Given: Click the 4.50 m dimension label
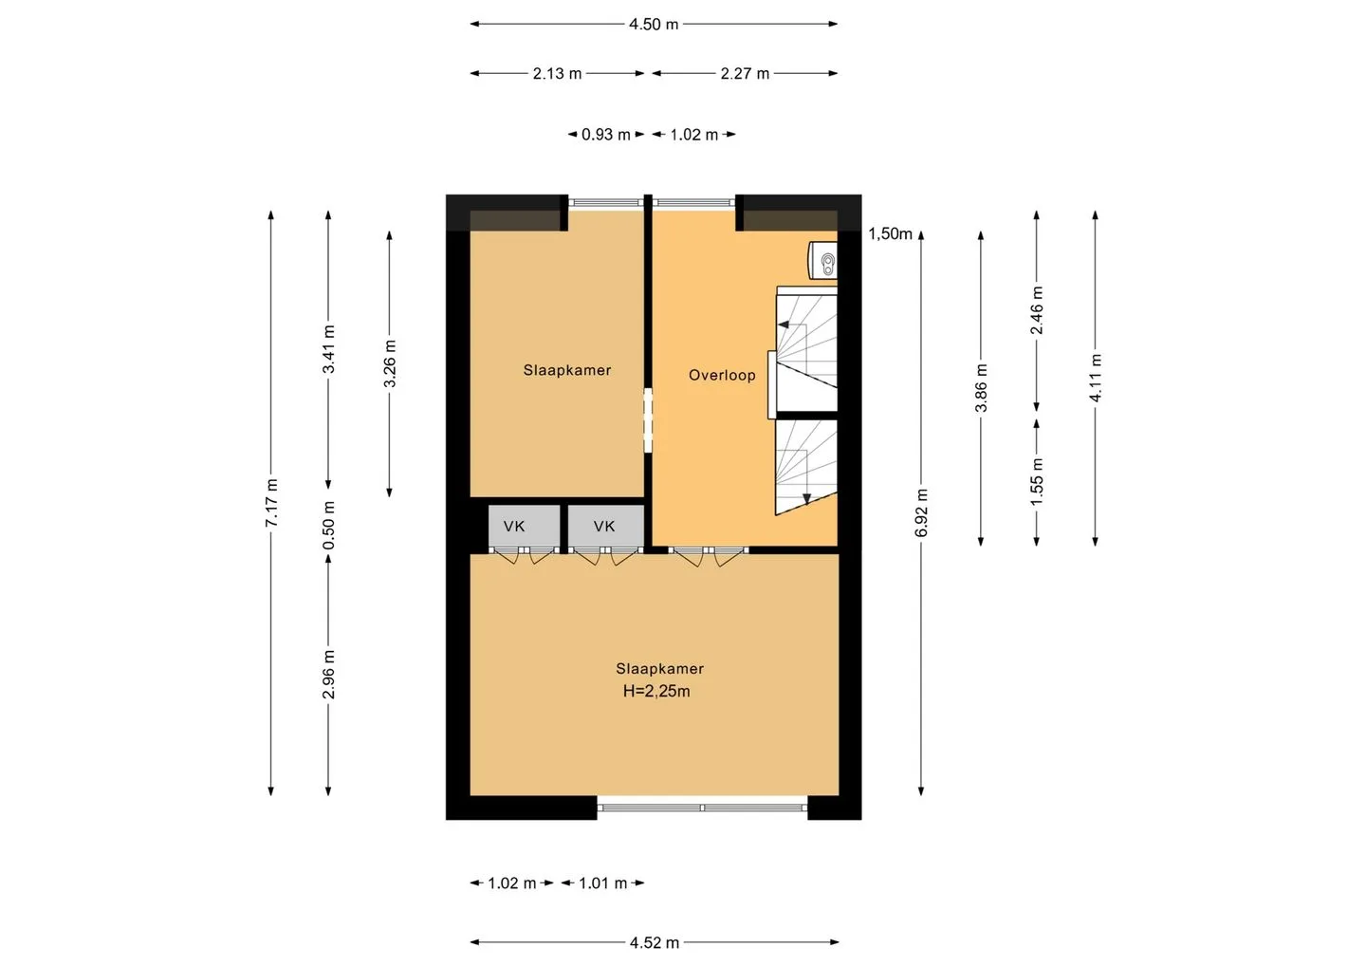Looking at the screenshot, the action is (653, 25).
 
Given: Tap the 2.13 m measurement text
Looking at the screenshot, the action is (557, 74).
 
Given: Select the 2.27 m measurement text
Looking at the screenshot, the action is (745, 74).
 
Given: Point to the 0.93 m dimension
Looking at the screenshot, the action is (605, 134).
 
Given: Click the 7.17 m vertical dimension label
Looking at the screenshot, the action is (272, 503).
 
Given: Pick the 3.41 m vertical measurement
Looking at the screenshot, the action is (328, 349).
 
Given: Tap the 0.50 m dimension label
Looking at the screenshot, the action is (328, 526).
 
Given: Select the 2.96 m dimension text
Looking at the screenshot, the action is (328, 675).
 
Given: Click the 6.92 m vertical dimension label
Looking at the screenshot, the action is (921, 512).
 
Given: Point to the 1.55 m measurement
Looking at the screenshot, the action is (1037, 482).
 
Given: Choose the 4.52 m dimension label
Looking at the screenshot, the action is (655, 943).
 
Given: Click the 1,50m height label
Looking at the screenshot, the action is (890, 233).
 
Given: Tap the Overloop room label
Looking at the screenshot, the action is (722, 375).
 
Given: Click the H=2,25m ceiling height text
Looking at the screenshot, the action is (656, 691).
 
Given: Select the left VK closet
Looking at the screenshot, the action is (525, 527).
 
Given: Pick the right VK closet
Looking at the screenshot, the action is (605, 527).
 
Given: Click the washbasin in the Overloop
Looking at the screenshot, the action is (823, 260).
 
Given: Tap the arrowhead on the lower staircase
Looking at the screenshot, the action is (806, 499).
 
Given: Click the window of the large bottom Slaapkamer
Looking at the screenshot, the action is (702, 808).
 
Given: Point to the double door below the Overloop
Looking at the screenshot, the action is (708, 556).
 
